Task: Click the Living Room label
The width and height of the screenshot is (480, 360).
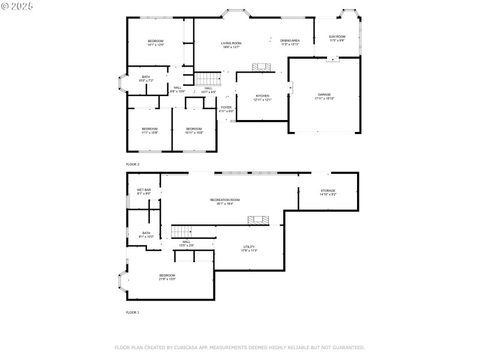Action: pos(231,44)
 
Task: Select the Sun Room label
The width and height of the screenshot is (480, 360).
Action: pos(337,38)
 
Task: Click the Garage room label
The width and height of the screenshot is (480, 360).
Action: pos(324,97)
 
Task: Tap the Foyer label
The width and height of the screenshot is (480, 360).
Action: pos(226,109)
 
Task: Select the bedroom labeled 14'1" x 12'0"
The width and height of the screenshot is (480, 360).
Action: pos(155,43)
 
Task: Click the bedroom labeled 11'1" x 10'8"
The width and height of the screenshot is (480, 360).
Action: pos(149,130)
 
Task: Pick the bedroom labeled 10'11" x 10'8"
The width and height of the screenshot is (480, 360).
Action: pos(194,130)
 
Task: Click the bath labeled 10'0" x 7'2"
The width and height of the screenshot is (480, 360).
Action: pos(146,79)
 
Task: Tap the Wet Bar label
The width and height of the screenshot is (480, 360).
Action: pos(144,191)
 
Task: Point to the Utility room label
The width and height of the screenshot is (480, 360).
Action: pos(249,248)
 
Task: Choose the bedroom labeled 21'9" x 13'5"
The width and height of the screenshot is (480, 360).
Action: pos(167,277)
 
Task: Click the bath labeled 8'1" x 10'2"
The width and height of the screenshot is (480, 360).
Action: pos(146,235)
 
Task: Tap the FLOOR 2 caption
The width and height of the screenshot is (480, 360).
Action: pos(132,164)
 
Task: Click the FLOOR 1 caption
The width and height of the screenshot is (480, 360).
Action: pos(132,313)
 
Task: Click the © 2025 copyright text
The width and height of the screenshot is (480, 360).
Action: pos(17,6)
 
